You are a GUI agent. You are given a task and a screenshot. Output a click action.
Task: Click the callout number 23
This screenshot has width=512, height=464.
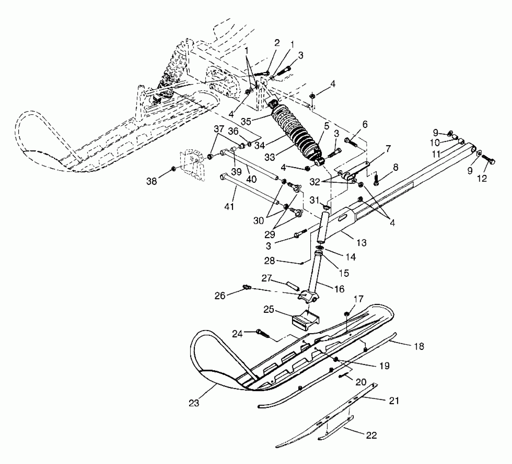click(x=194, y=403)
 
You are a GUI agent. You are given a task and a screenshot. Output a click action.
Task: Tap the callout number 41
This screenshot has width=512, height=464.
click(x=229, y=206)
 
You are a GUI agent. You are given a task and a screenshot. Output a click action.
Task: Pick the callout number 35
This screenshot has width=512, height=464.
click(x=246, y=121)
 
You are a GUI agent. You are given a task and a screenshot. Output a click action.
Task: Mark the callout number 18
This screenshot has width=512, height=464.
click(x=419, y=346)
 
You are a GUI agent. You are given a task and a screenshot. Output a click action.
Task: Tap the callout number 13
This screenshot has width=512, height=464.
click(x=362, y=242)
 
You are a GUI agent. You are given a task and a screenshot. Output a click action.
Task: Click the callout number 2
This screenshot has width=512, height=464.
click(x=277, y=43)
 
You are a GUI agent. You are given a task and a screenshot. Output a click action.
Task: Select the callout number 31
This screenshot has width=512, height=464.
click(x=314, y=200)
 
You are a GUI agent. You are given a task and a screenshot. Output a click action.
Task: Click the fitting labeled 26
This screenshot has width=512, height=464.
click(x=247, y=287)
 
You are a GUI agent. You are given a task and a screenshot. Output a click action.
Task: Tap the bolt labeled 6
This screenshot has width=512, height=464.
click(x=351, y=142)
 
